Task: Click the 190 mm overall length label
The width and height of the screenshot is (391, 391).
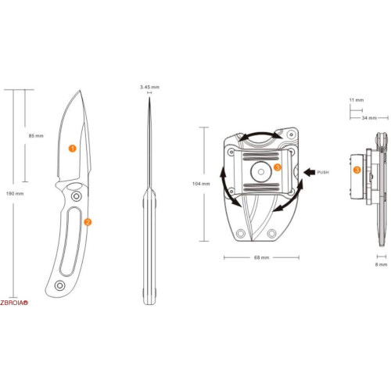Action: (15, 194)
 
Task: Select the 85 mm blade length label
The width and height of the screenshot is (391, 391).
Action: (36, 136)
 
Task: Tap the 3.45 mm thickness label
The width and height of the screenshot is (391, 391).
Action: (149, 87)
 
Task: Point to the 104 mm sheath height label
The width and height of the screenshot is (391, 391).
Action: (201, 184)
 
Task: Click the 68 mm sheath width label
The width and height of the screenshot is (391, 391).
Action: (261, 257)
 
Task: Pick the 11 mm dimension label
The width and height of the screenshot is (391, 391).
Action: (357, 100)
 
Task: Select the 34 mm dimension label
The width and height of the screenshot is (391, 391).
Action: (369, 118)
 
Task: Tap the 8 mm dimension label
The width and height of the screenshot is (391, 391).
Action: (381, 264)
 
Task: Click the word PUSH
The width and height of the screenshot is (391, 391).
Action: (323, 172)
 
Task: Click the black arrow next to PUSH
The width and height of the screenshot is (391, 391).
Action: (310, 172)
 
